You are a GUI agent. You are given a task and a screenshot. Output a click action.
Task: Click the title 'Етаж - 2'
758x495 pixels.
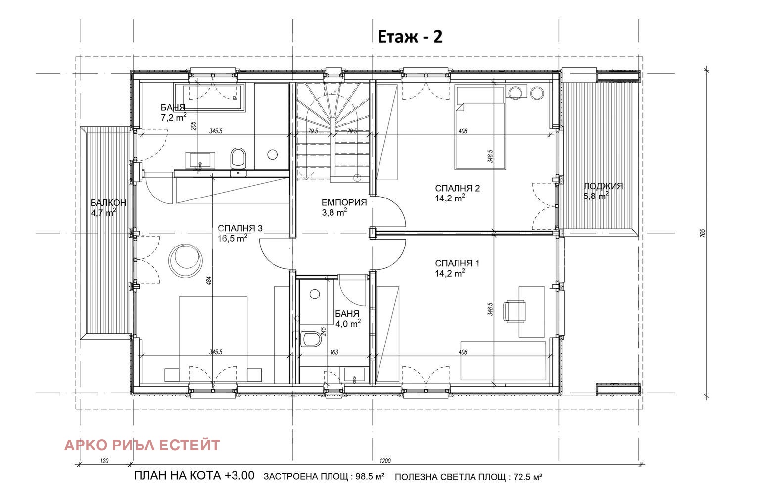pos(410,37)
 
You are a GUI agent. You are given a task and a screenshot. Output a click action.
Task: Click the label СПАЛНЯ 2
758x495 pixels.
pos(457,188)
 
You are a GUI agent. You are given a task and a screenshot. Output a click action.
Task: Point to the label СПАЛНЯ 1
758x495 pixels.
pos(457,263)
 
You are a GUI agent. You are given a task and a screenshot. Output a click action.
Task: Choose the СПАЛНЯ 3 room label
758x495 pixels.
pos(240,228)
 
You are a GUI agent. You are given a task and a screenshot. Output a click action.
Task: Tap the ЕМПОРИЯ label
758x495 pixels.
pos(344,202)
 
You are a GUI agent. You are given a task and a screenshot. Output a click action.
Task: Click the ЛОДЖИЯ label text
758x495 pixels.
pos(603,186)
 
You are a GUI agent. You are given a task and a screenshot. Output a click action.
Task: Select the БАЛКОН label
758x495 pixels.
pos(108,203)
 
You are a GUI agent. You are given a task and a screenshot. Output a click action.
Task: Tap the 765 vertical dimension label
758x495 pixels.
pos(702,233)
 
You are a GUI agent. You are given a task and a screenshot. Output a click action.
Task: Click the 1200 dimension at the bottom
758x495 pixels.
pos(385,461)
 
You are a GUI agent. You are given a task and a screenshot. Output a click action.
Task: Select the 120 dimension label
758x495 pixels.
pos(104,461)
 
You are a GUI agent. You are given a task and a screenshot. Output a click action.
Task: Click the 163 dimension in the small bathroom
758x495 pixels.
pos(334,352)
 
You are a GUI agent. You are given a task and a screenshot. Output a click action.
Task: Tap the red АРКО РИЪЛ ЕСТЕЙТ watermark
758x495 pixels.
pos(142,445)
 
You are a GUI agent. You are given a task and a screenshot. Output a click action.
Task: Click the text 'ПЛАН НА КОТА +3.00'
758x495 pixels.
pos(194,476)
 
